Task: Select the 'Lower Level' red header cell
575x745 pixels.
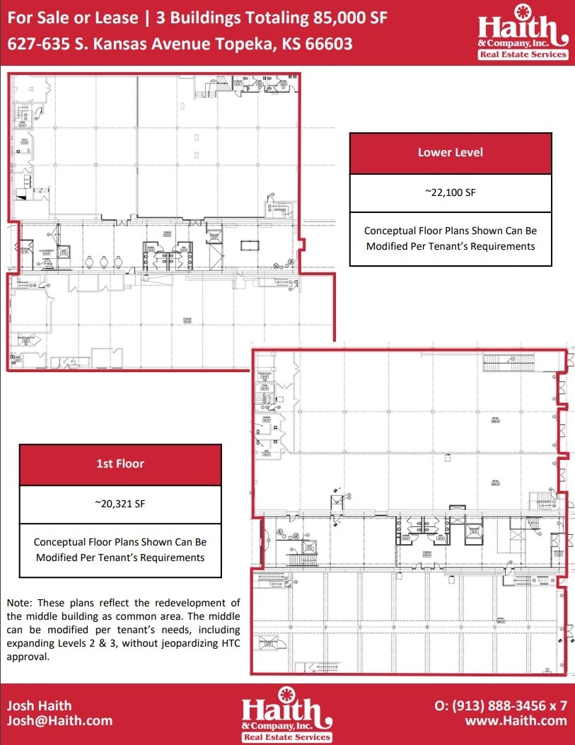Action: (451, 153)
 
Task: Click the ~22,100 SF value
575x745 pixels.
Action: (451, 192)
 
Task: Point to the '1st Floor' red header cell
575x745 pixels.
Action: (120, 464)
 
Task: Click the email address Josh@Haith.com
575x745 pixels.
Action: (59, 721)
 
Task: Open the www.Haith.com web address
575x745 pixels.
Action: (516, 721)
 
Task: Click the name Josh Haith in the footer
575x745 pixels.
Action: (39, 705)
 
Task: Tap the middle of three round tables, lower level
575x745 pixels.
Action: (104, 261)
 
